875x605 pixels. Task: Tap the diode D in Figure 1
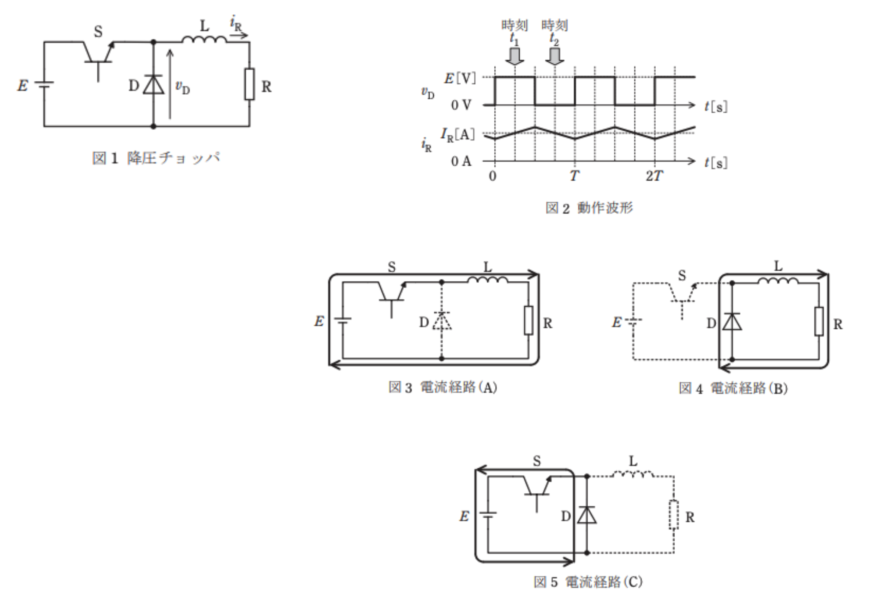coord(153,85)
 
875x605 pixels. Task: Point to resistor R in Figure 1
coord(249,84)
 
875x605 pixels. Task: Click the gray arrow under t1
coord(514,56)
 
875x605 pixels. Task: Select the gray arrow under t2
coord(555,56)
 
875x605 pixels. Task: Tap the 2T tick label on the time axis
coord(654,175)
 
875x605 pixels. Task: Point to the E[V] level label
coord(460,79)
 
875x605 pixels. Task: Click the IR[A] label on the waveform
coord(457,134)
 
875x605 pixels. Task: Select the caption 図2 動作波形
coord(589,208)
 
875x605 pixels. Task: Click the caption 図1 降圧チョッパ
coord(156,158)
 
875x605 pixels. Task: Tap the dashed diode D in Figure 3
coord(442,321)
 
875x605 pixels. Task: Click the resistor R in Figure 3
coord(529,320)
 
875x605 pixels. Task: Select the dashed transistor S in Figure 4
coord(683,300)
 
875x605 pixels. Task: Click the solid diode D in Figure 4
coord(732,321)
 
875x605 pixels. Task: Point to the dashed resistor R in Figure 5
coord(674,514)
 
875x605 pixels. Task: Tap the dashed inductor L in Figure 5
coord(633,474)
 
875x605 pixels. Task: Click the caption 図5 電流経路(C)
coord(588,582)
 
